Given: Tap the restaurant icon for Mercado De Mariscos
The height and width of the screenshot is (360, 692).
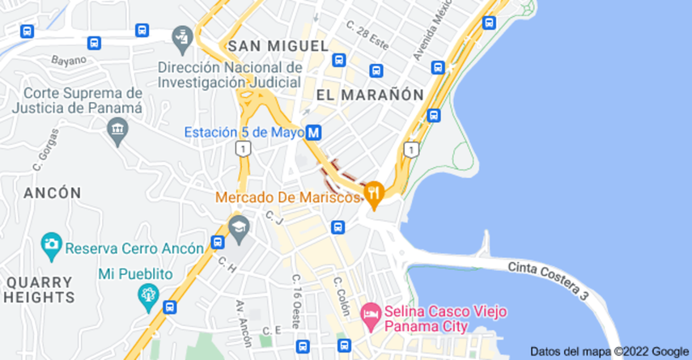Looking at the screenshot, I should [x=373, y=193].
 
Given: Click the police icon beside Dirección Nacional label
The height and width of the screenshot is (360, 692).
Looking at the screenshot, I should [x=180, y=37].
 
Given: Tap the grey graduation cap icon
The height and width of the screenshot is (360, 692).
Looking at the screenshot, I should [x=238, y=227].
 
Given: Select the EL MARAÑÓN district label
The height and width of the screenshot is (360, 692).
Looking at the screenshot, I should [x=370, y=95].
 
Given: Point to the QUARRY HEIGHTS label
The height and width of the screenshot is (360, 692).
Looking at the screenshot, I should [x=39, y=289].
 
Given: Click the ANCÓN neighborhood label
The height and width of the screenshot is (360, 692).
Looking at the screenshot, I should [x=53, y=193].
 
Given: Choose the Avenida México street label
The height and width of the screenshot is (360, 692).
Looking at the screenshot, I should [x=427, y=36].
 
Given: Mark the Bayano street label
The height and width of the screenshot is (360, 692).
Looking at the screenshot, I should [x=69, y=59].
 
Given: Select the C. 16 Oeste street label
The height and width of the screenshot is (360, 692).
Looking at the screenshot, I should [x=297, y=299].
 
